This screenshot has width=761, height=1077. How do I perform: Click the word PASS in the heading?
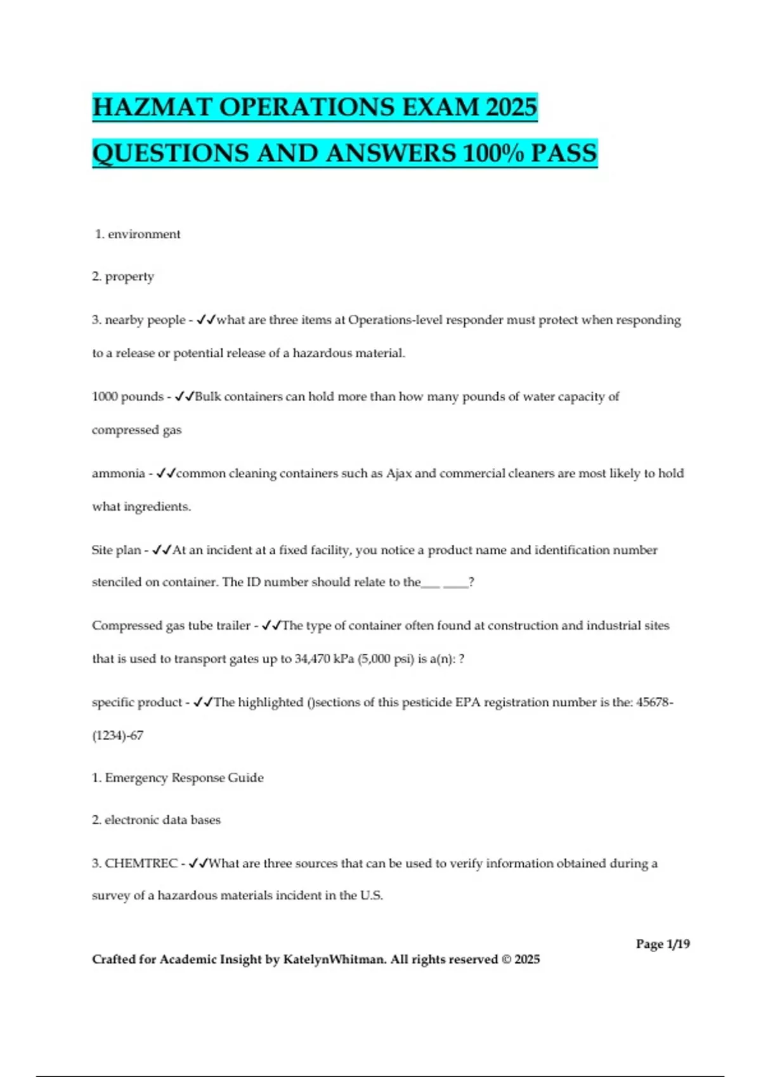pyautogui.click(x=564, y=153)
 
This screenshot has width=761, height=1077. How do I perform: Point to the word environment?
pyautogui.click(x=144, y=234)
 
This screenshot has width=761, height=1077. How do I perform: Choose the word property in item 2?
pyautogui.click(x=129, y=277)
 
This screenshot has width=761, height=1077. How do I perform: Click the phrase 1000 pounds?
pyautogui.click(x=127, y=397)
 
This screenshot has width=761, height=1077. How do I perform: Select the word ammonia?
pyautogui.click(x=118, y=473)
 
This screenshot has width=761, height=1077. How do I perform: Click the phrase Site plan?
pyautogui.click(x=116, y=550)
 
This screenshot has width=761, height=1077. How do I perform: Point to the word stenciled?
pyautogui.click(x=116, y=582)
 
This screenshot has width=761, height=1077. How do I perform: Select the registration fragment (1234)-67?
pyautogui.click(x=118, y=736)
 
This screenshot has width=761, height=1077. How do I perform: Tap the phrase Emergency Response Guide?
pyautogui.click(x=184, y=778)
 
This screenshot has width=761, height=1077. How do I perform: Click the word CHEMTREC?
pyautogui.click(x=141, y=864)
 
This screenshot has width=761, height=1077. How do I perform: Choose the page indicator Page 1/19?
pyautogui.click(x=663, y=944)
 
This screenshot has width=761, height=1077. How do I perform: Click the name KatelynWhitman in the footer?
pyautogui.click(x=334, y=959)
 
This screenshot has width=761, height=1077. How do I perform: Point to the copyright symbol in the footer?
pyautogui.click(x=505, y=959)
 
